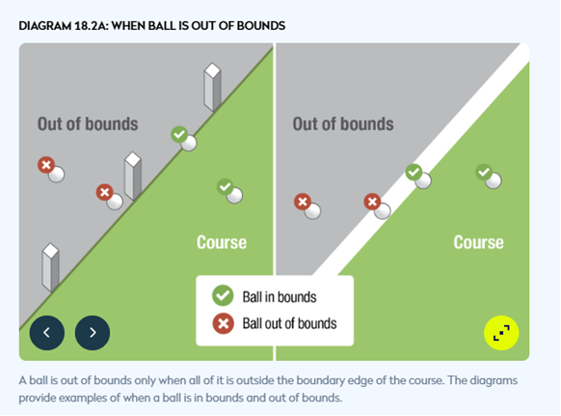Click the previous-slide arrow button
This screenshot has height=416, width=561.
[47, 333]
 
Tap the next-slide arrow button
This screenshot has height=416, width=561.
[93, 333]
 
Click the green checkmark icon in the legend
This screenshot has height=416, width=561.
[223, 295]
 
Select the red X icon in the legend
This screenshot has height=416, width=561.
[224, 323]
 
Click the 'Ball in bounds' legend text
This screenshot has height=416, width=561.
[280, 297]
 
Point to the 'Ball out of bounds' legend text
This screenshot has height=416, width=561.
[289, 323]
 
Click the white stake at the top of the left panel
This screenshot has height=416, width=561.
[212, 88]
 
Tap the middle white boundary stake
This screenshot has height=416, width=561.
[133, 176]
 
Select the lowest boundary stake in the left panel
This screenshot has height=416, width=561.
[50, 267]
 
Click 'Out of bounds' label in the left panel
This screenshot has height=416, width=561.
[88, 124]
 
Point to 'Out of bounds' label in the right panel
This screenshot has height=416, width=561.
[343, 124]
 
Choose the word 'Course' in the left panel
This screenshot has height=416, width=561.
[222, 242]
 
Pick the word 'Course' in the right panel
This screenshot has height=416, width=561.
[478, 242]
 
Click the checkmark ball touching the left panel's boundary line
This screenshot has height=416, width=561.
[184, 139]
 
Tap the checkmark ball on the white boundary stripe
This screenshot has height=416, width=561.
[418, 177]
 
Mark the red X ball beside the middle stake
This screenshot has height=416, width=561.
[110, 197]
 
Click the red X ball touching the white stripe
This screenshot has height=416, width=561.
[377, 207]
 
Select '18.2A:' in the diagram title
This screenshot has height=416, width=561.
[92, 26]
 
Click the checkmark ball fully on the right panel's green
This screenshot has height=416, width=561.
[489, 177]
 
